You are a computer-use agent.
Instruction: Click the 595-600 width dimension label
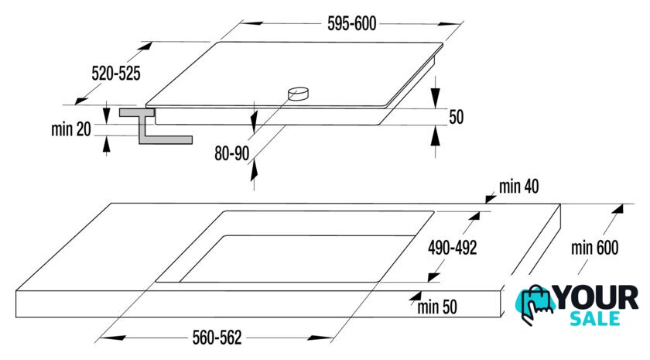(351, 24)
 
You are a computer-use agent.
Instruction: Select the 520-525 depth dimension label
(116, 74)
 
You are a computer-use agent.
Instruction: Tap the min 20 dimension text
(71, 129)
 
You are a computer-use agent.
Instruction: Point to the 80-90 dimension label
(231, 153)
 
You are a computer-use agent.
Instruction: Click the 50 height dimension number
(457, 117)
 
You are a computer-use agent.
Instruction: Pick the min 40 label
(519, 187)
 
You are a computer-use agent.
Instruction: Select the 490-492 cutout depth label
(452, 248)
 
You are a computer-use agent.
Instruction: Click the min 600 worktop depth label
(595, 248)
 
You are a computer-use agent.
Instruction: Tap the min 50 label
(437, 307)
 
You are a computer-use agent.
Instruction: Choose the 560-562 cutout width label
(217, 338)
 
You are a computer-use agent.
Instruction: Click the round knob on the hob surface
(299, 94)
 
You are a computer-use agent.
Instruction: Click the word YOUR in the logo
(596, 298)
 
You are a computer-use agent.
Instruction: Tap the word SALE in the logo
(595, 318)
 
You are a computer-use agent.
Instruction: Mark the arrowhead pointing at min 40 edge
(491, 199)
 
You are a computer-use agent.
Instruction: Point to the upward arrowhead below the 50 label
(435, 135)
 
